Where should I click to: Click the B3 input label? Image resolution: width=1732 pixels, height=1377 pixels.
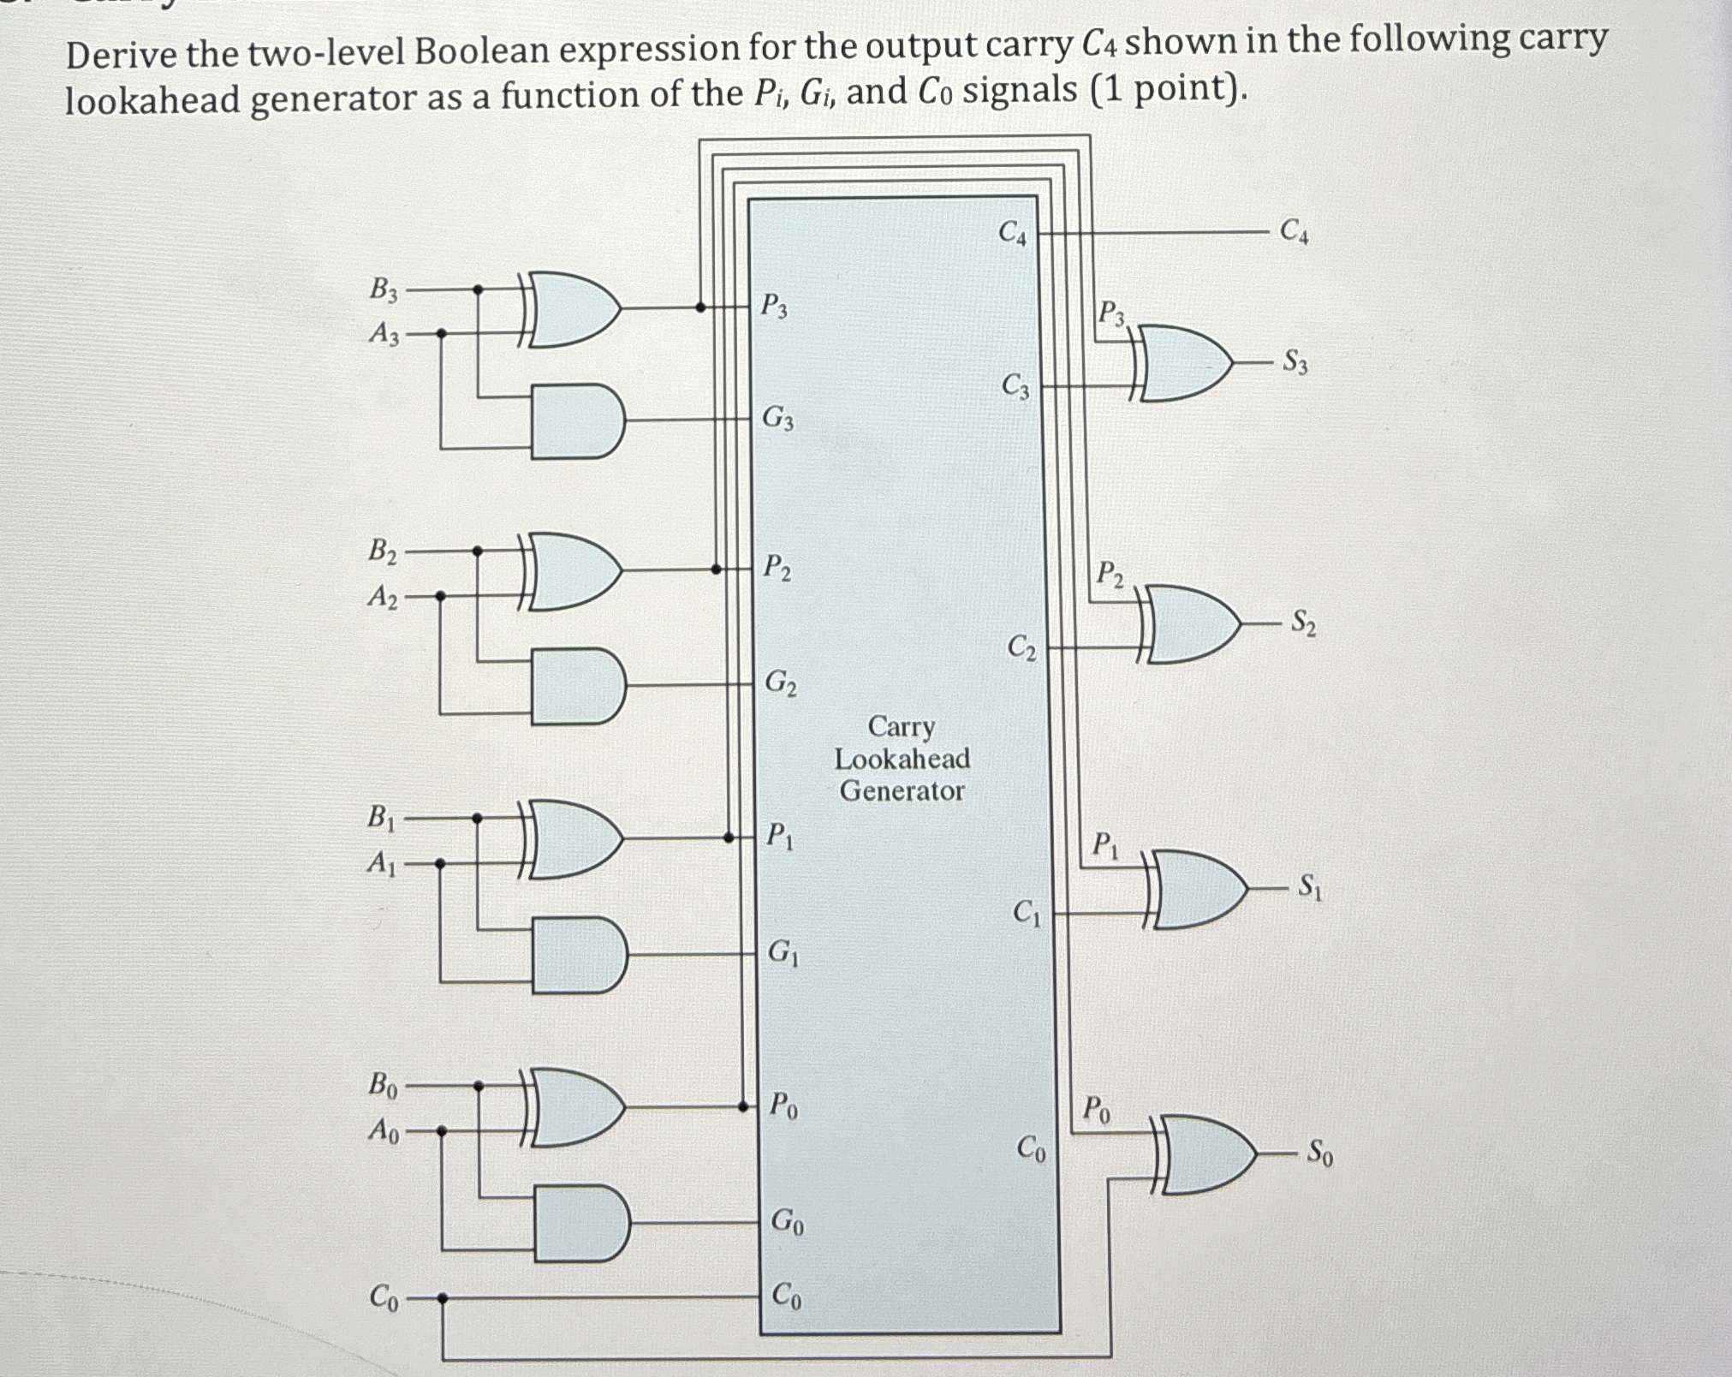384,290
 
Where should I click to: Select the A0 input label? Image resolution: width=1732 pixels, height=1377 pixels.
383,1131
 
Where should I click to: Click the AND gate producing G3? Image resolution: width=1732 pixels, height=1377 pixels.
576,421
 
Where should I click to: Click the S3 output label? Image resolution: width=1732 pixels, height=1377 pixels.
1295,363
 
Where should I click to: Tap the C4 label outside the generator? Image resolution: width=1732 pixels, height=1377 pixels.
1293,231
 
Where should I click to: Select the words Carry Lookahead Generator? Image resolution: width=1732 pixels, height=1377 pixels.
902,759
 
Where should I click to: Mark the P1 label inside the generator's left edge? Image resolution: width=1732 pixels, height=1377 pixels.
779,835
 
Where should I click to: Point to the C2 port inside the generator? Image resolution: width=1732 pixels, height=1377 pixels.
1021,647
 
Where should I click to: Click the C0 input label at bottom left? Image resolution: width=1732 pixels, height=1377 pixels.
383,1298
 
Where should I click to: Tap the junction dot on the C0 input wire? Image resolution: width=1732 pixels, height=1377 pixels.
442,1298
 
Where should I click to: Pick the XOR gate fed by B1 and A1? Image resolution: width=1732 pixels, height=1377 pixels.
571,839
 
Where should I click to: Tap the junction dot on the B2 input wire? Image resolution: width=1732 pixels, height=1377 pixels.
478,551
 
